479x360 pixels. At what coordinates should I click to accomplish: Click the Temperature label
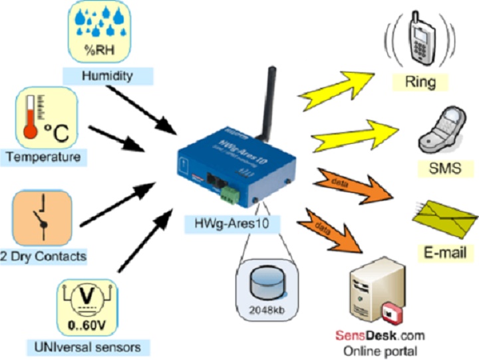tap(44, 157)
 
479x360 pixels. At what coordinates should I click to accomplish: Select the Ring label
tap(420, 83)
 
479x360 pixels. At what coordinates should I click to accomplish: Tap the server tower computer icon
tap(374, 287)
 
